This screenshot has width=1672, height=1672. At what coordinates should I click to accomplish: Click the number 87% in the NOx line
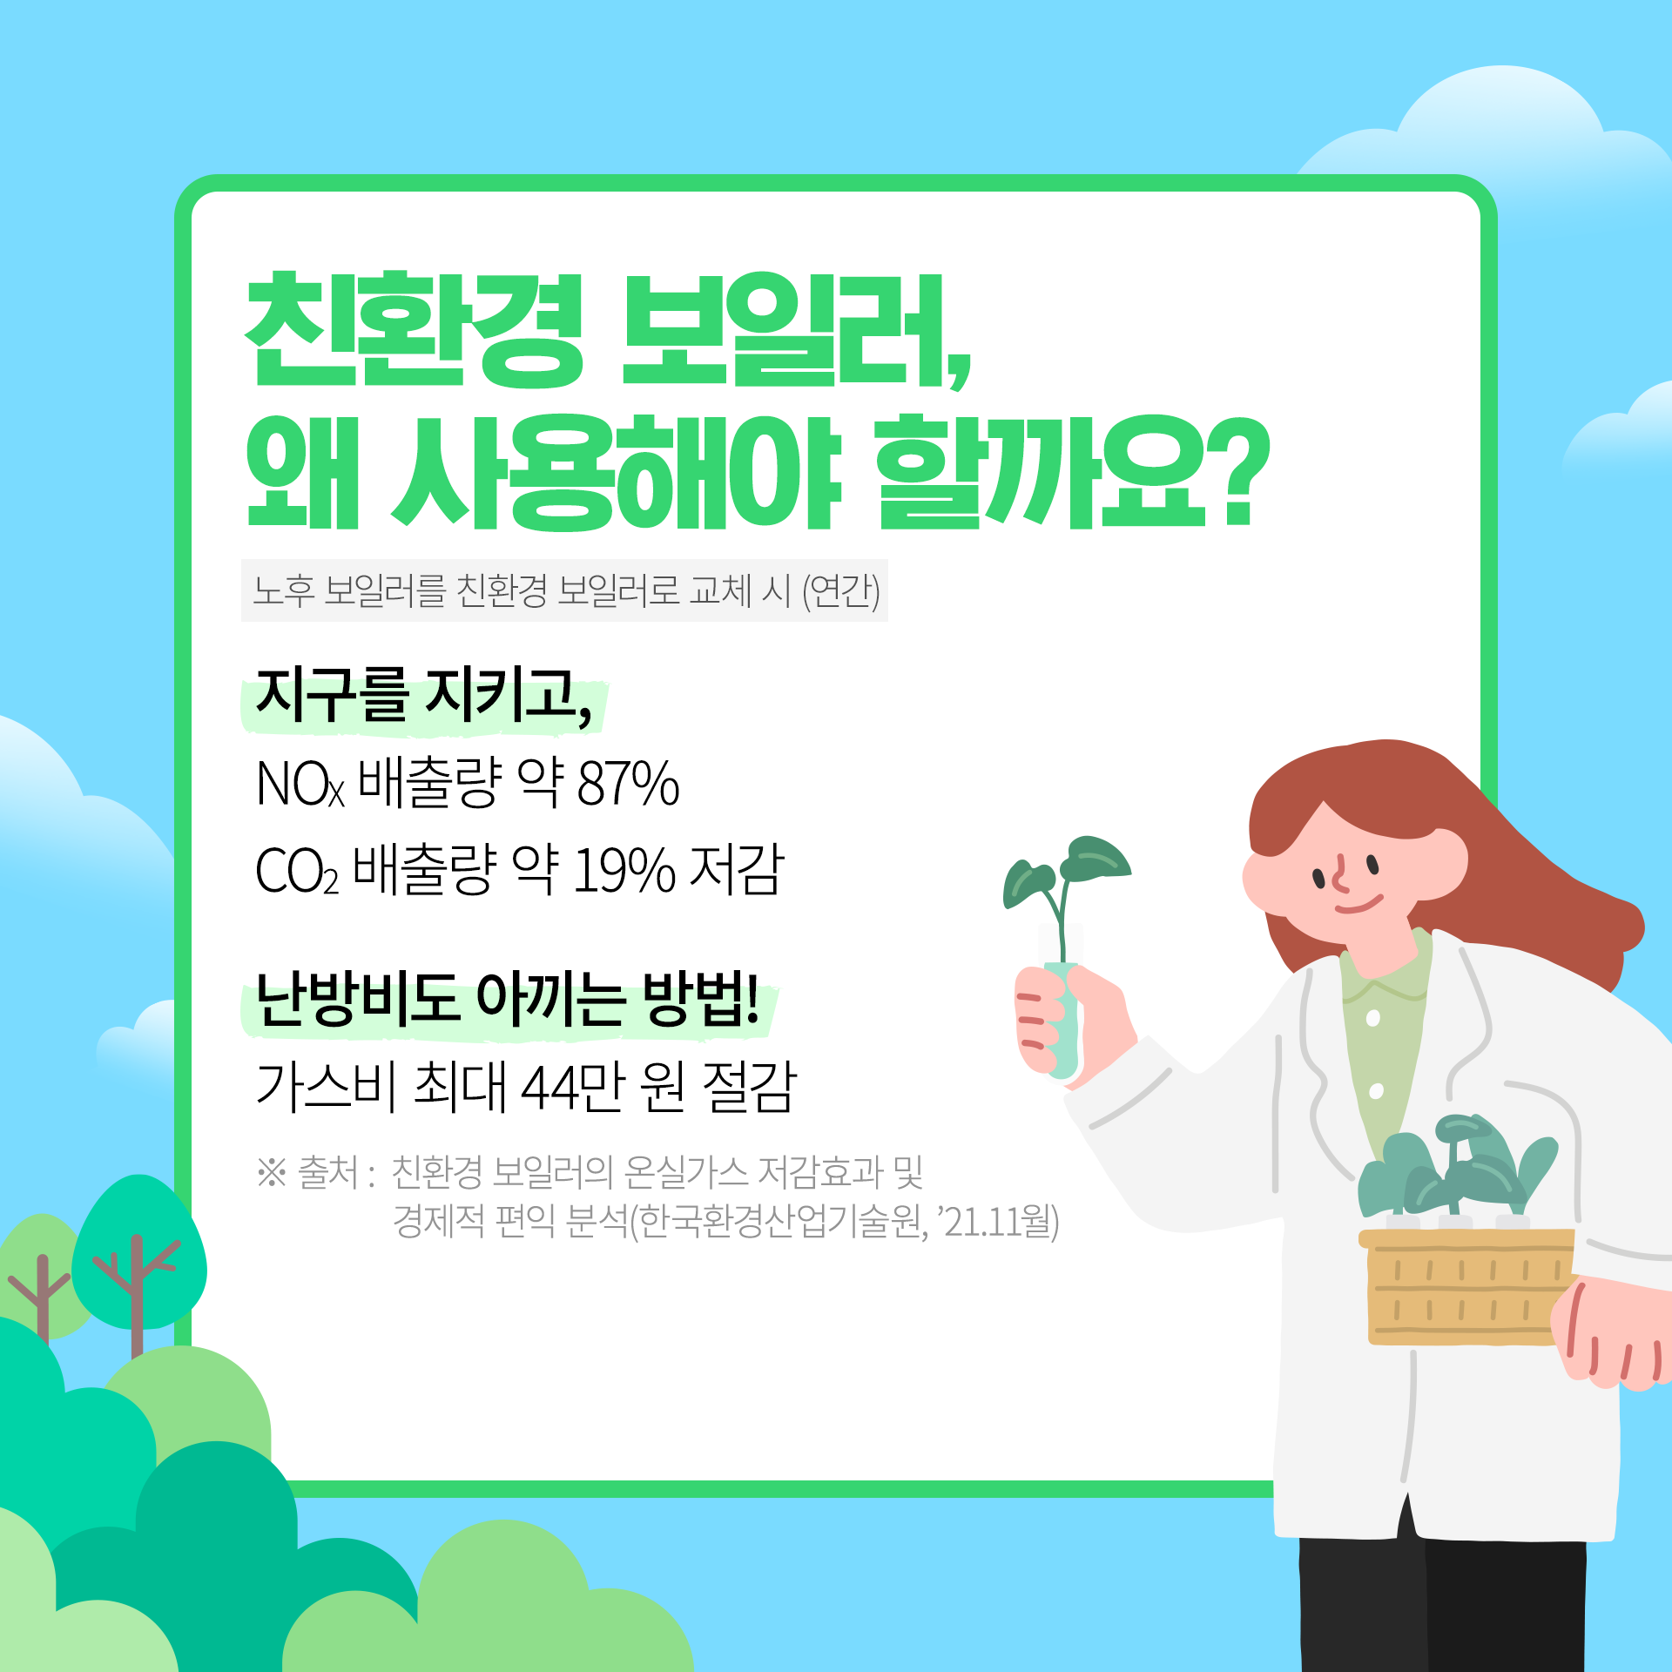628,784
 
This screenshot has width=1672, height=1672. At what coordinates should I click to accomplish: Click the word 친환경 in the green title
415,331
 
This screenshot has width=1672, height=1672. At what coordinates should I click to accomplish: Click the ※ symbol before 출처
272,1172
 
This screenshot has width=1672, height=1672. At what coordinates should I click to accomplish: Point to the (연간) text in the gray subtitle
840,591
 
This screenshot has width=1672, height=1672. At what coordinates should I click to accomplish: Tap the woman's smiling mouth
1358,905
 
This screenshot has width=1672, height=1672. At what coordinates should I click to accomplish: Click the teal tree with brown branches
139,1254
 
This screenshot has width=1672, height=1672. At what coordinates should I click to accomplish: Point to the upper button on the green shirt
1373,1018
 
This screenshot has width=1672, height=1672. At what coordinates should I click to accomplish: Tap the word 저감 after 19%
737,871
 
